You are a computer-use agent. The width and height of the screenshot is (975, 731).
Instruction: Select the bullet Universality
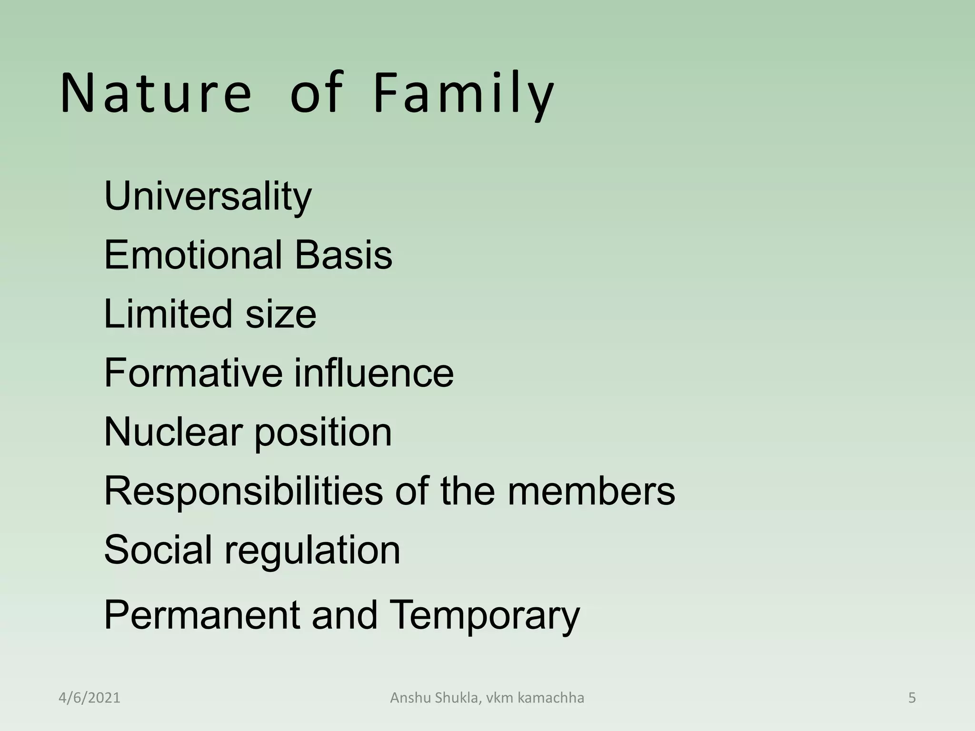pyautogui.click(x=208, y=196)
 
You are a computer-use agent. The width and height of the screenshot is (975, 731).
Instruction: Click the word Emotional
pyautogui.click(x=193, y=255)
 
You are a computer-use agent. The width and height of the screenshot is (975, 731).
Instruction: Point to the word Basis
pyautogui.click(x=343, y=255)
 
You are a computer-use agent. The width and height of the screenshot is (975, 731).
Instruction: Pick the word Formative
pyautogui.click(x=193, y=373)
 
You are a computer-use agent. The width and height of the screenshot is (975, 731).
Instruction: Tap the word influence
pyautogui.click(x=374, y=373)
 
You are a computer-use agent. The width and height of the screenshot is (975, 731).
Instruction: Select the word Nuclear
pyautogui.click(x=173, y=432)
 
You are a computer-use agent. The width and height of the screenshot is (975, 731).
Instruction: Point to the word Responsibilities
pyautogui.click(x=243, y=491)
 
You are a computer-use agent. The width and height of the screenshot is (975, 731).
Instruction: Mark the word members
pyautogui.click(x=591, y=491)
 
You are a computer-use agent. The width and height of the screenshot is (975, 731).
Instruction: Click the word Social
pyautogui.click(x=158, y=550)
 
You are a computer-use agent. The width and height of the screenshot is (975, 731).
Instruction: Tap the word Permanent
pyautogui.click(x=202, y=615)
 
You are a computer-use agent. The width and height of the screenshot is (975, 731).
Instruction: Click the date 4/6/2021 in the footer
pyautogui.click(x=90, y=698)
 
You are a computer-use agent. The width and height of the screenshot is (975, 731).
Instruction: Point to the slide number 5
pyautogui.click(x=912, y=698)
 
